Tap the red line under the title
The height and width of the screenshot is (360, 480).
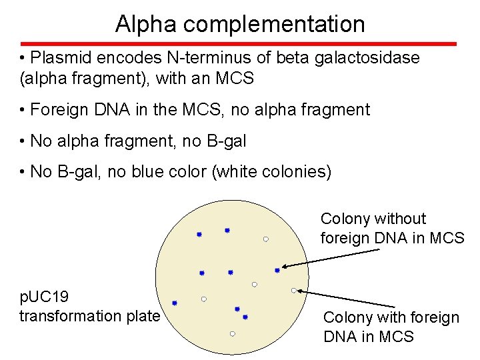tap(240, 44)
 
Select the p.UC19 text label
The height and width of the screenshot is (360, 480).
tap(44, 297)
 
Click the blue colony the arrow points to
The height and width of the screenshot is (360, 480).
tap(277, 271)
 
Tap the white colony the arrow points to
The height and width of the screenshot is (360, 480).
tap(294, 290)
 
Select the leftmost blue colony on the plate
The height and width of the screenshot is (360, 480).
tap(175, 303)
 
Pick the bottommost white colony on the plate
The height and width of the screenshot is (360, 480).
tap(233, 333)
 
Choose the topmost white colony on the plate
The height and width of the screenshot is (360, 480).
tap(265, 239)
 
